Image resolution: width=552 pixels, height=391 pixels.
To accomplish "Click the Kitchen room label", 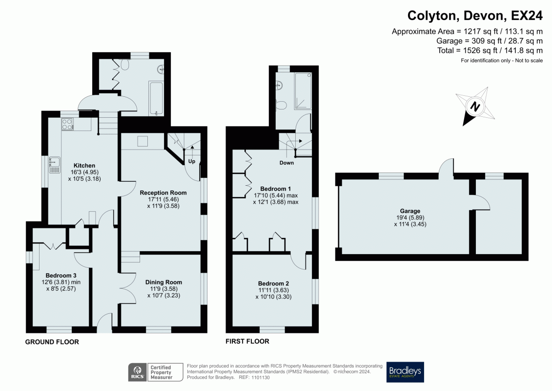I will [x=84, y=165].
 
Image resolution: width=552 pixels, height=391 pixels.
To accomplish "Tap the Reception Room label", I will [x=163, y=193].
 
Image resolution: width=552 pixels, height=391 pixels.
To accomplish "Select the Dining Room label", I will [x=164, y=282].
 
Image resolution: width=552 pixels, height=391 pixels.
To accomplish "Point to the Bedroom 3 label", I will [x=58, y=275].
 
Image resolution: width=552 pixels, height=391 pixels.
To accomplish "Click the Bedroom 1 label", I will [x=275, y=189].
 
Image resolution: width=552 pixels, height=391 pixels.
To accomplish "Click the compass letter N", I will [x=475, y=107].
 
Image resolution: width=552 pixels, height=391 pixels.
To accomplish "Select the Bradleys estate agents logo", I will [x=405, y=372].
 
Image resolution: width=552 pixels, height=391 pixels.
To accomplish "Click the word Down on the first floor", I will [x=286, y=163].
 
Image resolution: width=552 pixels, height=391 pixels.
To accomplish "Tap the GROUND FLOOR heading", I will [x=52, y=342].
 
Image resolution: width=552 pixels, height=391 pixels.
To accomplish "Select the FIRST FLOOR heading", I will [x=247, y=341].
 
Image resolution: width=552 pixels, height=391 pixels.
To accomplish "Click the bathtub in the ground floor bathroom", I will [x=156, y=98].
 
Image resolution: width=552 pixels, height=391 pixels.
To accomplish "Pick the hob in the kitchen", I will [x=67, y=125].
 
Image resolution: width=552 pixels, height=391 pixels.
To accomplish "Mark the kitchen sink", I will [x=54, y=165].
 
